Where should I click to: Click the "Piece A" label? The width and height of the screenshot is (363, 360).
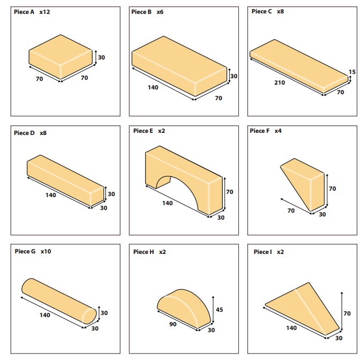pyautogui.click(x=24, y=12)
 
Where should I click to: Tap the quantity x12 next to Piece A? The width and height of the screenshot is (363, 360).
pyautogui.click(x=44, y=12)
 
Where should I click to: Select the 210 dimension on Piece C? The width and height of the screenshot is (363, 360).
pyautogui.click(x=279, y=82)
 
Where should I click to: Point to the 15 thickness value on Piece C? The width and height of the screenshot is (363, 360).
pyautogui.click(x=352, y=72)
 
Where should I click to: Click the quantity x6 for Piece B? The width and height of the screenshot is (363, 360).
pyautogui.click(x=160, y=12)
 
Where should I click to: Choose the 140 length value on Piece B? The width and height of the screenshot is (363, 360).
pyautogui.click(x=153, y=87)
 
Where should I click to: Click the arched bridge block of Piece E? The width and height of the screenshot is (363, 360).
pyautogui.click(x=184, y=180)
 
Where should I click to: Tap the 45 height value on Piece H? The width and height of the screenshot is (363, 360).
pyautogui.click(x=219, y=310)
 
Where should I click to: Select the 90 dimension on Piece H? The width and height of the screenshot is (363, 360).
pyautogui.click(x=173, y=324)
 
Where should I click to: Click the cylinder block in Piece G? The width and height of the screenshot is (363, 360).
pyautogui.click(x=59, y=301)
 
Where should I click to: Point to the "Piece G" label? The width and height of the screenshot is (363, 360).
pyautogui.click(x=25, y=251)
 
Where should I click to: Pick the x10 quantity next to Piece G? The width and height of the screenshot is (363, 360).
pyautogui.click(x=46, y=251)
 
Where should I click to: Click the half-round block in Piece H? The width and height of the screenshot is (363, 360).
pyautogui.click(x=184, y=309)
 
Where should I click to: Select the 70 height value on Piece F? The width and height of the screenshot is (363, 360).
pyautogui.click(x=332, y=189)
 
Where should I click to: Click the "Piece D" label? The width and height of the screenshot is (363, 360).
pyautogui.click(x=24, y=133)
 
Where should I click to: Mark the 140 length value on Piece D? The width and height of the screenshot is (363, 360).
pyautogui.click(x=51, y=196)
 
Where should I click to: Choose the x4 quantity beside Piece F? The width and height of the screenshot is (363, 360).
pyautogui.click(x=278, y=131)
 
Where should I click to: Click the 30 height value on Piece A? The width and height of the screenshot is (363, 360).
pyautogui.click(x=101, y=57)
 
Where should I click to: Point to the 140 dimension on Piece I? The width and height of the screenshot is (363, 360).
pyautogui.click(x=291, y=328)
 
